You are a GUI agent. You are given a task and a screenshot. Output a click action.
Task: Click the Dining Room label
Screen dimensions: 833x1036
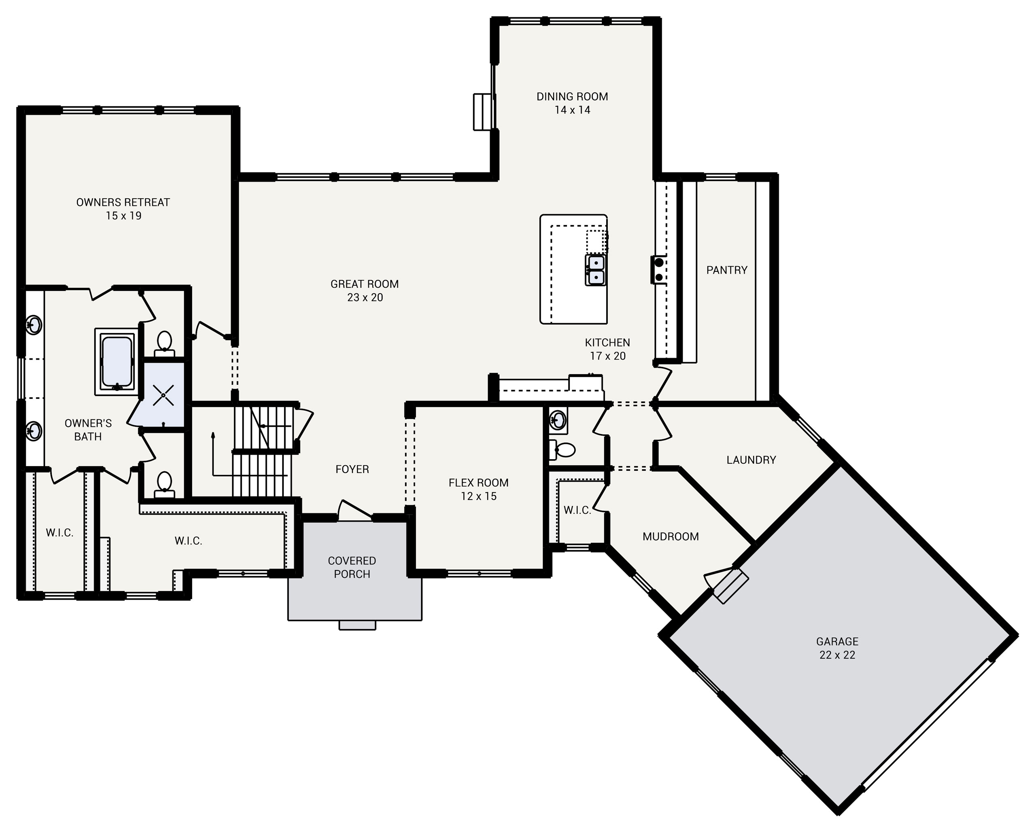(x=572, y=97)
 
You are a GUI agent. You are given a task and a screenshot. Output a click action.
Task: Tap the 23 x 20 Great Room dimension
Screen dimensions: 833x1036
(x=365, y=297)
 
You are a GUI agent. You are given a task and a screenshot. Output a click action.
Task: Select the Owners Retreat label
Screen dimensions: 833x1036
(x=123, y=202)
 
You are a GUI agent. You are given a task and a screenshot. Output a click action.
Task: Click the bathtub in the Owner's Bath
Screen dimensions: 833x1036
(x=117, y=362)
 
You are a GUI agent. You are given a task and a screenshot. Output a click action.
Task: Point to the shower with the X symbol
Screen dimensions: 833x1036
(x=163, y=395)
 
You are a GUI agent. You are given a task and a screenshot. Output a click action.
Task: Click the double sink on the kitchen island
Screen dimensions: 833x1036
(x=596, y=270)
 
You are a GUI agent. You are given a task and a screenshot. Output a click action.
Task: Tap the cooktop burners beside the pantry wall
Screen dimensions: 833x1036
(x=659, y=269)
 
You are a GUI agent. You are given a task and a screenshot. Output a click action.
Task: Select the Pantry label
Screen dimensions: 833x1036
(x=726, y=270)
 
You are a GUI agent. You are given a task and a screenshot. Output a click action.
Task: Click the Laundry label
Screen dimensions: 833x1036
(x=751, y=460)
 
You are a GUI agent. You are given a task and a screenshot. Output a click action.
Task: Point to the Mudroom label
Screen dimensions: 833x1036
(x=670, y=536)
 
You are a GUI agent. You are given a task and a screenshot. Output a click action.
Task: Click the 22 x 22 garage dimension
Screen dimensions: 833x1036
(x=837, y=655)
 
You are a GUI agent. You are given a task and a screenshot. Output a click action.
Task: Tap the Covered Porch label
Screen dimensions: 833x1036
(x=352, y=567)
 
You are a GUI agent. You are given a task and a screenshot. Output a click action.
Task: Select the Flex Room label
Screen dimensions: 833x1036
(x=478, y=483)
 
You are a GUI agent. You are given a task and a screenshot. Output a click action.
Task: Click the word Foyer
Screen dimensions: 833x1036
(x=352, y=469)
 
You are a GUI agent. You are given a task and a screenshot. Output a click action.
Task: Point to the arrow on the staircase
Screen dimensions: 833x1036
(x=213, y=435)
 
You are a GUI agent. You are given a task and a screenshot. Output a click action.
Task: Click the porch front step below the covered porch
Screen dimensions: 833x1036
(x=357, y=625)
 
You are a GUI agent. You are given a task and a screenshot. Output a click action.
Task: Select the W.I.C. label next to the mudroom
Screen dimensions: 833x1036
(x=577, y=510)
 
